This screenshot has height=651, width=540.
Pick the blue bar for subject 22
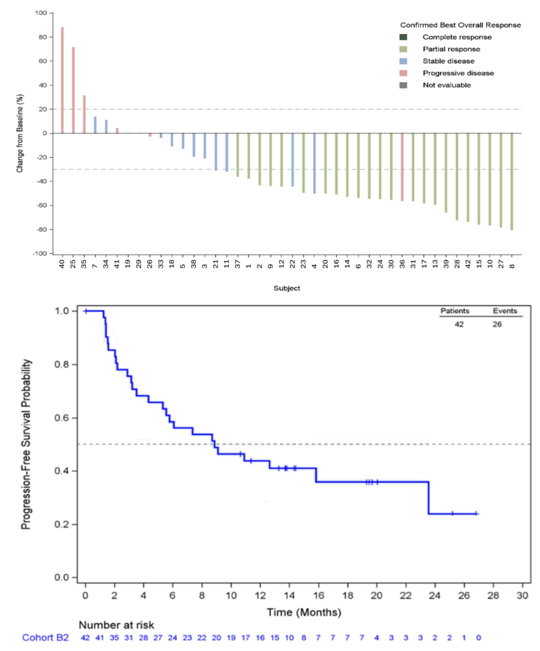click(x=292, y=160)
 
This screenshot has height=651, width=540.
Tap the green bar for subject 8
click(x=512, y=181)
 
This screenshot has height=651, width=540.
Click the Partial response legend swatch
click(x=403, y=49)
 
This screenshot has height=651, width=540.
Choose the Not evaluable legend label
click(x=447, y=85)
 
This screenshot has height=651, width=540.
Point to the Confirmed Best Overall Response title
click(x=460, y=25)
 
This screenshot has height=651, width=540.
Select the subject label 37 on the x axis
click(x=237, y=264)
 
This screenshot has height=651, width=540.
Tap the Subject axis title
click(x=286, y=288)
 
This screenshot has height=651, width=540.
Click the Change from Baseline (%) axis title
click(x=20, y=133)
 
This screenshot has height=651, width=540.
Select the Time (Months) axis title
click(x=304, y=612)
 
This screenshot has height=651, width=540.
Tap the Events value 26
click(x=497, y=324)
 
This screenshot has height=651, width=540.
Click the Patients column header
click(x=455, y=311)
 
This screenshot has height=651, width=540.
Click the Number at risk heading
click(x=116, y=625)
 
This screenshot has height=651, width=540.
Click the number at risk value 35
click(x=114, y=638)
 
